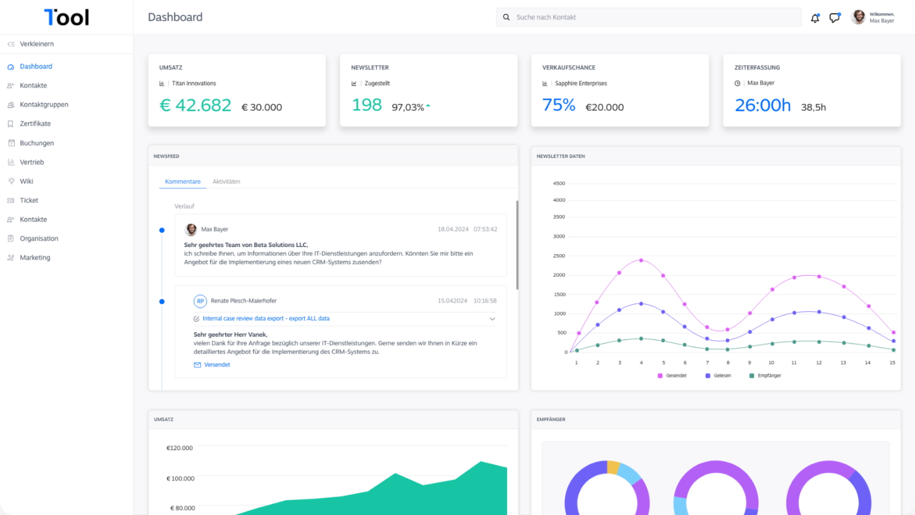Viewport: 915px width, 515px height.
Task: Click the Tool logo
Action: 67,17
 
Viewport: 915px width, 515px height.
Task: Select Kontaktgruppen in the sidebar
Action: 43,105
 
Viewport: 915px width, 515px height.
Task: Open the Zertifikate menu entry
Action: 35,124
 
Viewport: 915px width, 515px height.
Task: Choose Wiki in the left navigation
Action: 26,181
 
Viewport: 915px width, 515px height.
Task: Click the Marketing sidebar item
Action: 35,258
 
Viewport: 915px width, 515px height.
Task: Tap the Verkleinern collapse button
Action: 36,44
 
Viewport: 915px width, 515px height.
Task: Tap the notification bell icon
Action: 815,18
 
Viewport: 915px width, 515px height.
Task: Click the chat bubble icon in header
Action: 834,18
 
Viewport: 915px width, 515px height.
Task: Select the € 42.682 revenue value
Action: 195,105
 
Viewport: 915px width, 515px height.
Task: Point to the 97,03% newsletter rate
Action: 408,108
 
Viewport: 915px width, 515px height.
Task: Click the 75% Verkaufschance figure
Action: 559,105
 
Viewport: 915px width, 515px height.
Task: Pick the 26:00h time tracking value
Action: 762,105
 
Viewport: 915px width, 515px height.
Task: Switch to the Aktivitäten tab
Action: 226,182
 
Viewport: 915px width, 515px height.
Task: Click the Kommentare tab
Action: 182,182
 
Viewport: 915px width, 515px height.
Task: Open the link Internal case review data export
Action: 266,319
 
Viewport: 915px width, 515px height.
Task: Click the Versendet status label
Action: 217,365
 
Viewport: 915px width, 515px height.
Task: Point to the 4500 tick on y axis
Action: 559,183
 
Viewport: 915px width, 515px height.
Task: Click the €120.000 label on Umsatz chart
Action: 179,448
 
